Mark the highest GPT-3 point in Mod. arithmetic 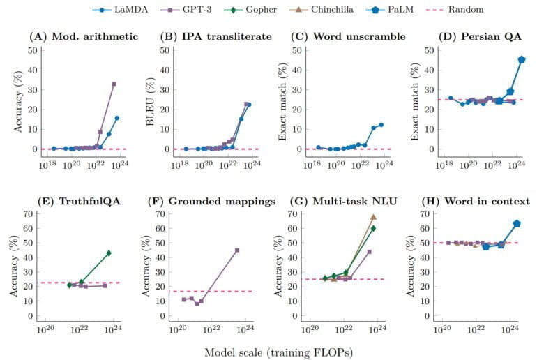pos(114,84)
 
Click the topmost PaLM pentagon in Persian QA pos(522,59)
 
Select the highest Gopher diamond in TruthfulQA pos(109,253)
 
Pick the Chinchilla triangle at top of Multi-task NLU pos(374,217)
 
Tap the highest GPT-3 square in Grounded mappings pos(237,250)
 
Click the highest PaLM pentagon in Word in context pos(517,223)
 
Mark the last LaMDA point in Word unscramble pos(381,125)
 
